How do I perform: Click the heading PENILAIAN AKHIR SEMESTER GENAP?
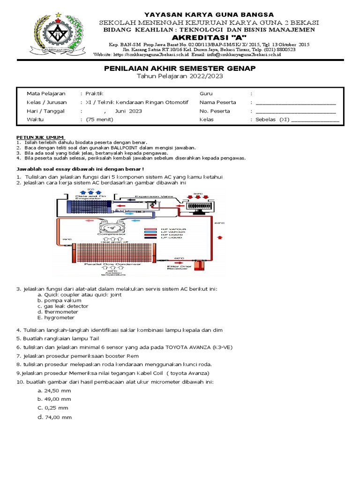(180, 69)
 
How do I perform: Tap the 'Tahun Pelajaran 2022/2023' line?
(180, 76)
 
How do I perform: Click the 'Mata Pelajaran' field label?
(46, 94)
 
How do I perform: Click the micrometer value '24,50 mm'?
(54, 390)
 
